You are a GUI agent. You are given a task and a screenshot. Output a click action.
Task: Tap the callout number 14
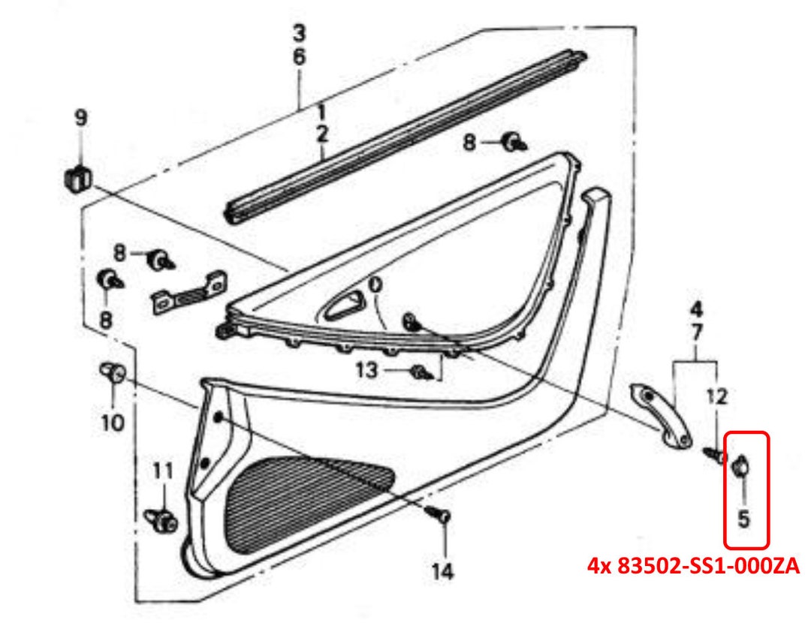pos(442,571)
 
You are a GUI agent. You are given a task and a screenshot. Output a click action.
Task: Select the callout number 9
pos(80,118)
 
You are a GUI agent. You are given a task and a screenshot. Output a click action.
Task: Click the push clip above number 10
pos(113,372)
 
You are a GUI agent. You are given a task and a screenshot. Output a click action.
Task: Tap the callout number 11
pos(162,471)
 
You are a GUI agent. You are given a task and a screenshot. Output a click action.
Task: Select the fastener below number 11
pos(161,518)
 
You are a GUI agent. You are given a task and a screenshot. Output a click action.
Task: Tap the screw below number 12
pos(714,454)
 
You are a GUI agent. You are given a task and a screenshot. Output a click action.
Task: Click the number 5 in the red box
pos(743,518)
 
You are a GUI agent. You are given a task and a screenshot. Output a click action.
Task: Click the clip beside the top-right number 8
pos(514,140)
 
